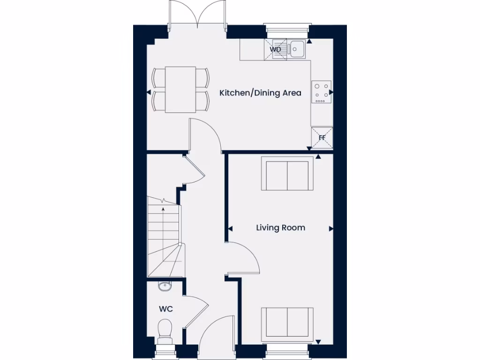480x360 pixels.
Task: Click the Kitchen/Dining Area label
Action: click(260, 93)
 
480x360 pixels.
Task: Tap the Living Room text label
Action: click(280, 228)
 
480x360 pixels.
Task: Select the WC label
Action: click(165, 309)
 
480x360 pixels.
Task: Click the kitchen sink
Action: click(297, 49)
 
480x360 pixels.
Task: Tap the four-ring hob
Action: click(322, 92)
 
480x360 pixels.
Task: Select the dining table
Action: click(180, 89)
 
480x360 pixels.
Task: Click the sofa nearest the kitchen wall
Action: click(287, 174)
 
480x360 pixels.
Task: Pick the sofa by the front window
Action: click(287, 323)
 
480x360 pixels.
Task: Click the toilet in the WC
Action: click(165, 328)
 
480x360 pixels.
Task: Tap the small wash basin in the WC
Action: click(165, 286)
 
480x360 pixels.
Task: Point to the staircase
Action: click(164, 237)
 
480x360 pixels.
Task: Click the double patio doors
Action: click(199, 16)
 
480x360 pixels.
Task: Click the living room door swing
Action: click(244, 258)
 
